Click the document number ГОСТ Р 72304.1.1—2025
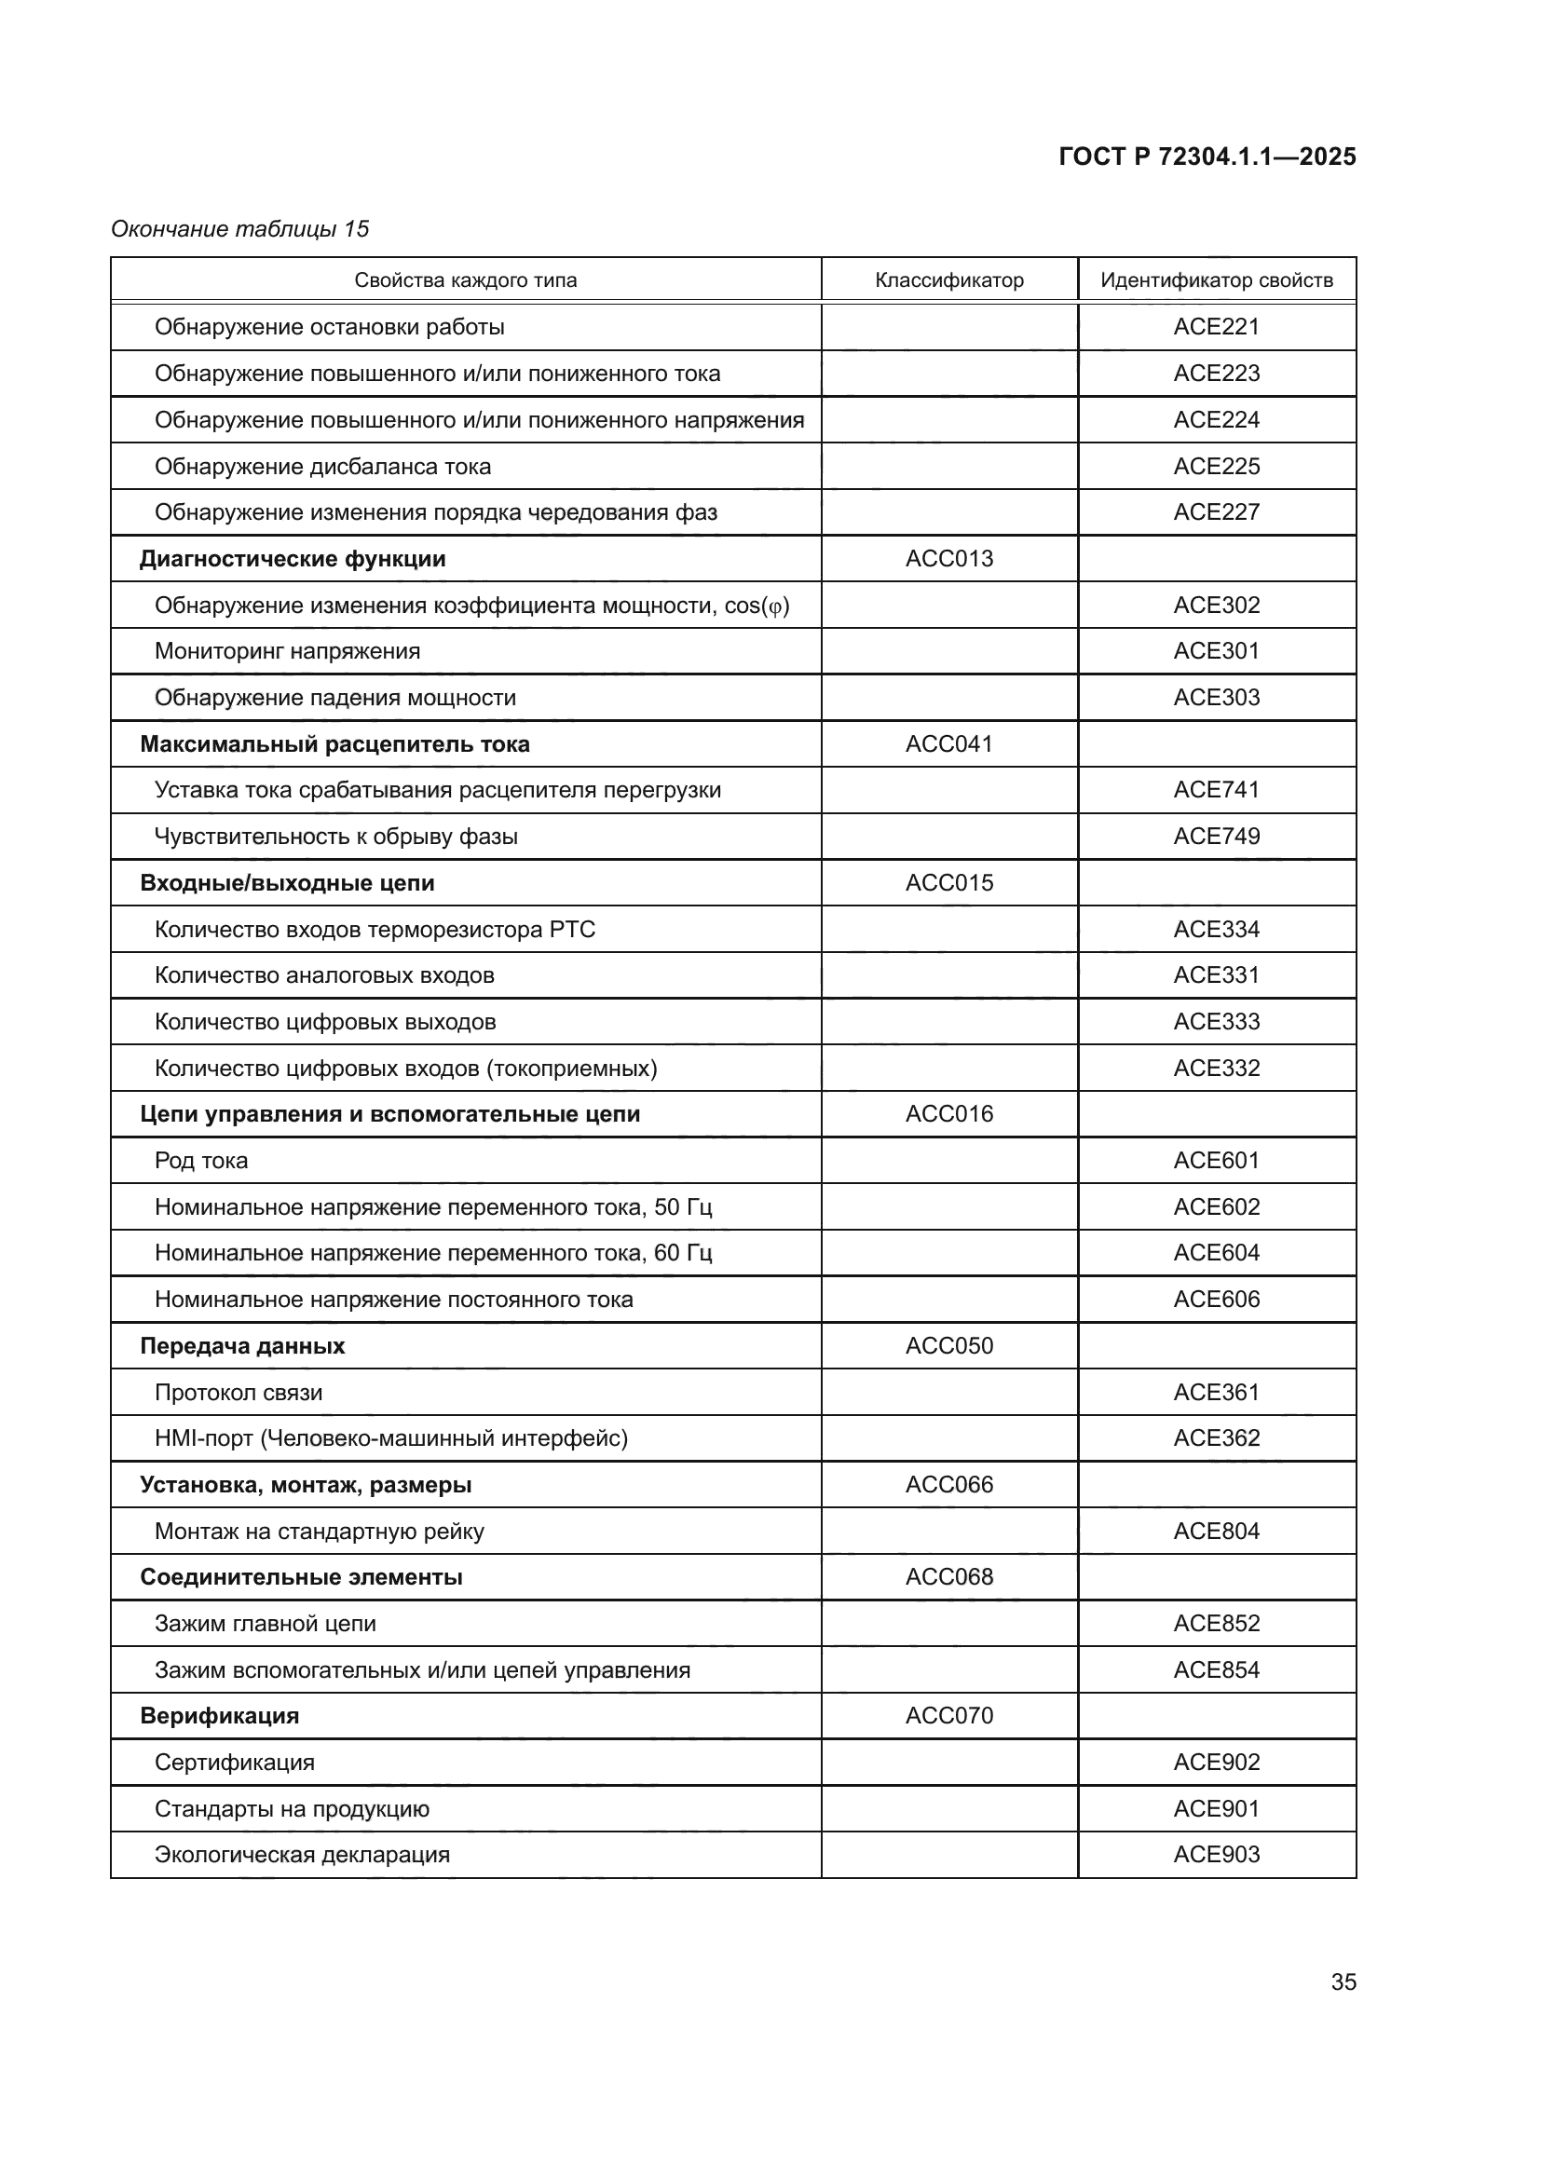click(1207, 157)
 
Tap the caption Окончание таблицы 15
click(240, 229)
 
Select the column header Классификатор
click(948, 280)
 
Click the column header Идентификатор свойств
click(1217, 280)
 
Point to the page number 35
click(1343, 1982)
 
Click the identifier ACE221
click(1217, 326)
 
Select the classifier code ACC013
click(948, 558)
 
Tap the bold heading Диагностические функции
click(293, 559)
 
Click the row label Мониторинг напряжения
click(288, 651)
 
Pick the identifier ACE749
click(1217, 836)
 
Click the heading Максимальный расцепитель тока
click(334, 744)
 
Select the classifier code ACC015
click(948, 882)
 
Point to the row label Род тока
click(201, 1161)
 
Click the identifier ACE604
click(1217, 1253)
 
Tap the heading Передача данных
click(242, 1346)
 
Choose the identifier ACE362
click(1217, 1437)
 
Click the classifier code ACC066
click(948, 1484)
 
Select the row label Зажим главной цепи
click(266, 1624)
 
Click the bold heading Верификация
click(219, 1716)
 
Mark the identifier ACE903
click(1217, 1855)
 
